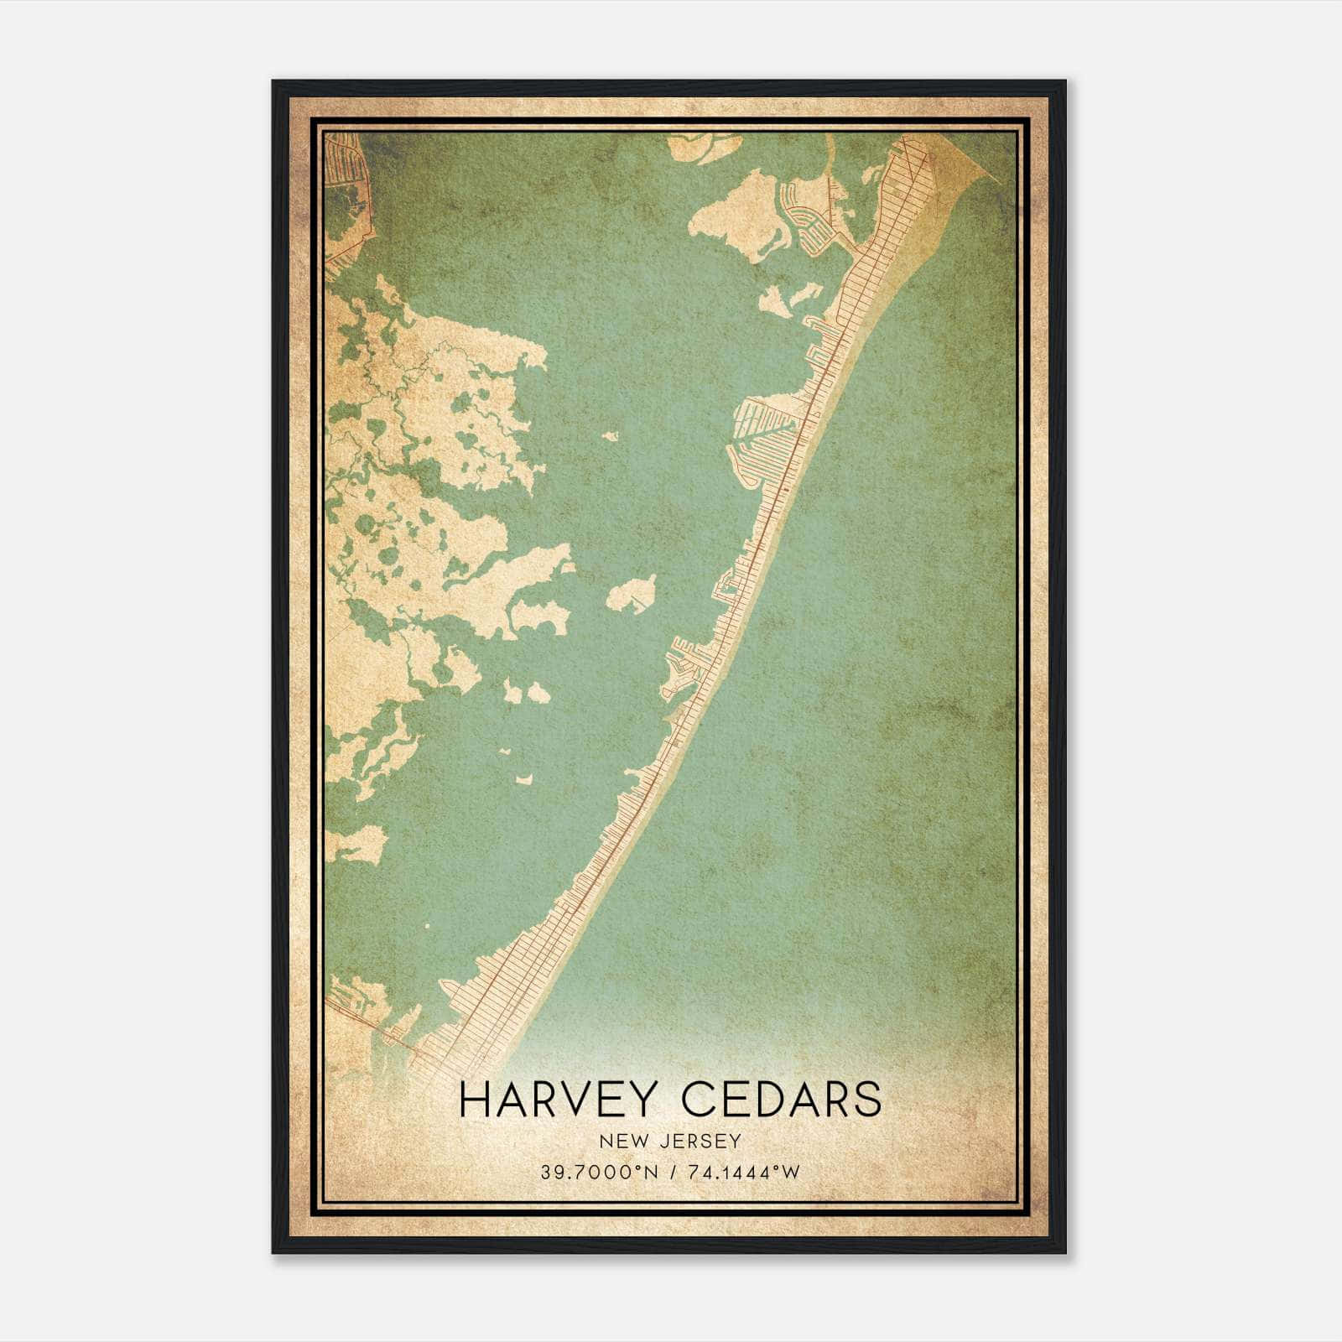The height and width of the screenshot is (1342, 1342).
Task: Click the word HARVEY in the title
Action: [x=558, y=1099]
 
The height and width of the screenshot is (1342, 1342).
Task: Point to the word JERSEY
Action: [x=700, y=1141]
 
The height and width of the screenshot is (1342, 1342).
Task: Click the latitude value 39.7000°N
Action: [x=600, y=1172]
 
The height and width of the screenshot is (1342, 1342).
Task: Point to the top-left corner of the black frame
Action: [x=273, y=82]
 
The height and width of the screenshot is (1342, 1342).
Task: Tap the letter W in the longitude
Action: [x=792, y=1172]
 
